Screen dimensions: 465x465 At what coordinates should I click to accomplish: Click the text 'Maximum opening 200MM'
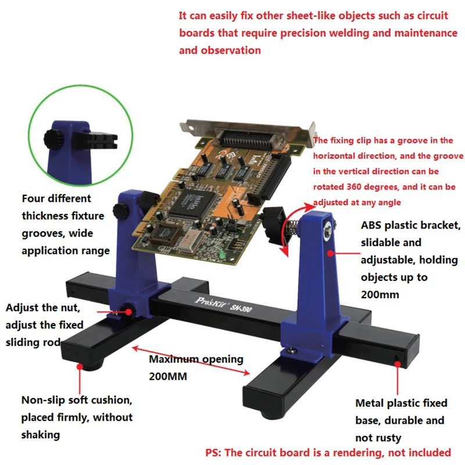196,367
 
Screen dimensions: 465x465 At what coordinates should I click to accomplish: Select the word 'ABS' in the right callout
372,225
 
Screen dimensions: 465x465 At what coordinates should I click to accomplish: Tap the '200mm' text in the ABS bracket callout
380,295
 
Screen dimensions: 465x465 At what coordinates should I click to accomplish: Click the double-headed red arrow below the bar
191,360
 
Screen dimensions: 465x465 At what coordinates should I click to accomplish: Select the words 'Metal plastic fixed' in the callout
401,403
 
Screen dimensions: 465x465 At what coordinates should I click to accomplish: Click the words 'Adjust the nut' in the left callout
40,307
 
